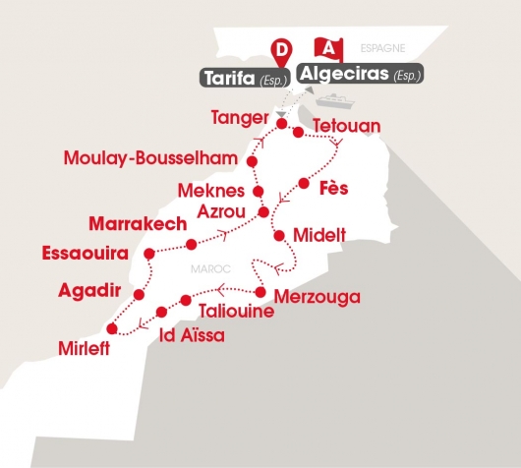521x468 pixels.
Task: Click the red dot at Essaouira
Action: tap(148, 254)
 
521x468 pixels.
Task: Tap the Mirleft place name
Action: tap(82, 347)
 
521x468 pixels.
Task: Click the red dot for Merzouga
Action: tap(260, 292)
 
